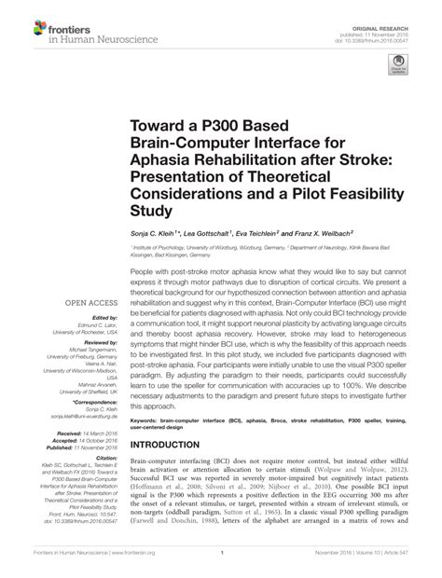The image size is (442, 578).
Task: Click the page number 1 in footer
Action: click(x=221, y=565)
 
